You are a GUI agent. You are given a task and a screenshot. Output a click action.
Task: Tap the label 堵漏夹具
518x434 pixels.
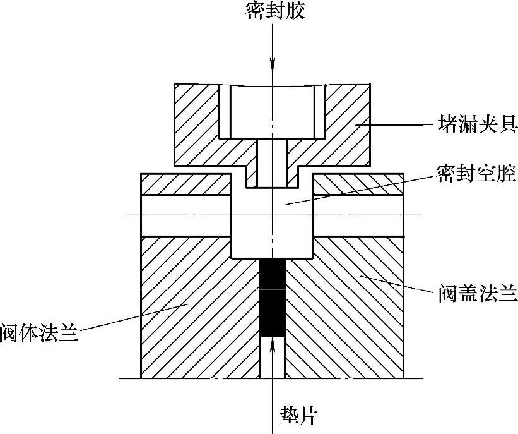(478, 125)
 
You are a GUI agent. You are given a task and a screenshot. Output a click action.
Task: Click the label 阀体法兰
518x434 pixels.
(39, 332)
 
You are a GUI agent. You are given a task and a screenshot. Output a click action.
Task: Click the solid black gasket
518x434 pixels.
(272, 297)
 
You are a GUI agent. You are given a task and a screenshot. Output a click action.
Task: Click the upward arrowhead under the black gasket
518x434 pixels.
(273, 344)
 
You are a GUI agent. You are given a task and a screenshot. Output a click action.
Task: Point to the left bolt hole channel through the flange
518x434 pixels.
(186, 215)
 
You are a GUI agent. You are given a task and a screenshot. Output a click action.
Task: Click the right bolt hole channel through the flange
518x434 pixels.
(358, 215)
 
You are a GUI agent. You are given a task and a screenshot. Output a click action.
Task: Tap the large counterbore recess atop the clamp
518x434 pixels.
(273, 111)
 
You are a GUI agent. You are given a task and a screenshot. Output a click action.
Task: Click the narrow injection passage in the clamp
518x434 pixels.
(273, 163)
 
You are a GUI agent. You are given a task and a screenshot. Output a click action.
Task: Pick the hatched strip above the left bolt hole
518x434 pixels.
(186, 184)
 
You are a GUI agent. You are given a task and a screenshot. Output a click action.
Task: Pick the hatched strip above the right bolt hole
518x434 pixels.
(358, 184)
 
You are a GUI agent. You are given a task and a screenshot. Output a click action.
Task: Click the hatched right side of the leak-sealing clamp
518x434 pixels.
(347, 126)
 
